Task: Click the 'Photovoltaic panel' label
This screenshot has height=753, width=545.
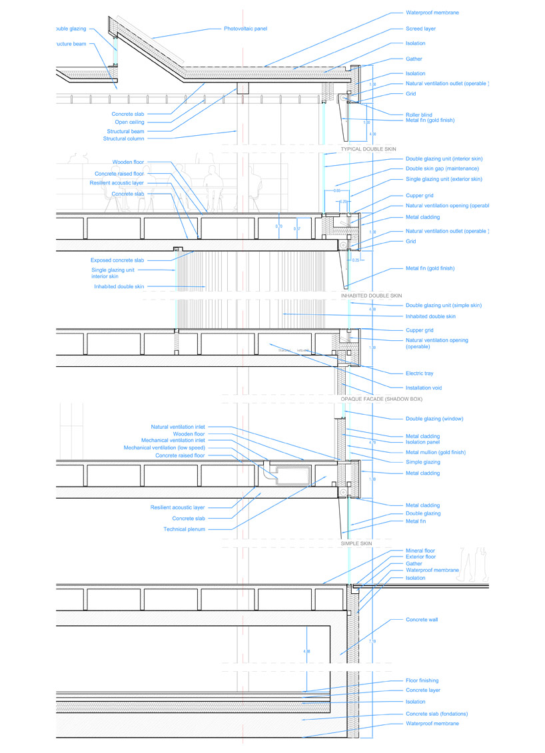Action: click(245, 29)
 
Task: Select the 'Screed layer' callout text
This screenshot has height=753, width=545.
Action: click(420, 29)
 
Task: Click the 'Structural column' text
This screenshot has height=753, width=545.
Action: click(123, 138)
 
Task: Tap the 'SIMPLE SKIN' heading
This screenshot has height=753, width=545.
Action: click(356, 544)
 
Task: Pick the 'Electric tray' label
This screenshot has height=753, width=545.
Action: click(420, 374)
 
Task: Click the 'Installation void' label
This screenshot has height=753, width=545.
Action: click(424, 387)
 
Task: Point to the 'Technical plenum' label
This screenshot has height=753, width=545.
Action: click(185, 529)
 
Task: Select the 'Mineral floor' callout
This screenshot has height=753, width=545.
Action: click(420, 551)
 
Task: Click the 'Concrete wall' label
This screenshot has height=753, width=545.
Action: click(422, 619)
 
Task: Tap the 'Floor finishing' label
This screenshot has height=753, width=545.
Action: click(422, 680)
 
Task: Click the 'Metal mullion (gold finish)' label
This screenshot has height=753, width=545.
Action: click(436, 452)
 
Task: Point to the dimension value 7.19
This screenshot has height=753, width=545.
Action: click(372, 640)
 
